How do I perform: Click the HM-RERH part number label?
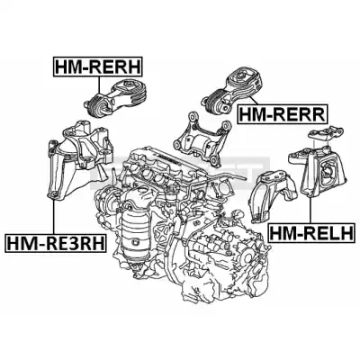pyautogui.click(x=98, y=67)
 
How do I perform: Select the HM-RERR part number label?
pyautogui.click(x=283, y=113)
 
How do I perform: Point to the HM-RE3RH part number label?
pyautogui.click(x=56, y=243)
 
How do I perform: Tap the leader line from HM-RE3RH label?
pyautogui.click(x=54, y=216)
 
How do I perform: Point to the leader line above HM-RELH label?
pyautogui.click(x=310, y=210)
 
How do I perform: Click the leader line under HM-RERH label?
pyautogui.click(x=98, y=85)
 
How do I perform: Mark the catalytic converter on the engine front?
pyautogui.click(x=136, y=240)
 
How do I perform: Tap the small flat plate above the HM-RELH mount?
pyautogui.click(x=327, y=131)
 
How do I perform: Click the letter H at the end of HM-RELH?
pyautogui.click(x=347, y=232)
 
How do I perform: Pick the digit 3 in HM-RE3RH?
pyautogui.click(x=67, y=243)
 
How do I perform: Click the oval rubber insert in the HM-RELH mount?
pyautogui.click(x=327, y=172)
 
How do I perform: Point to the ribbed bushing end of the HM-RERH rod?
pyautogui.click(x=97, y=105)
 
